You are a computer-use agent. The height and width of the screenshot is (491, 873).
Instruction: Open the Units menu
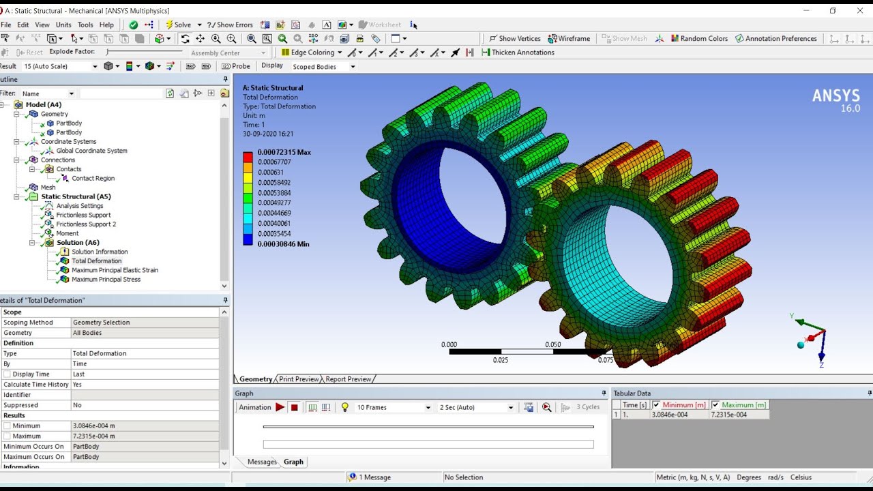point(63,25)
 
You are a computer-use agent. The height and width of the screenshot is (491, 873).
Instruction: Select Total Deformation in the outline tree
point(96,261)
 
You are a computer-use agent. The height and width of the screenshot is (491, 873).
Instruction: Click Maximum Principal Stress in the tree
point(106,279)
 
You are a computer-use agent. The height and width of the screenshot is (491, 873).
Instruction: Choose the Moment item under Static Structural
point(68,233)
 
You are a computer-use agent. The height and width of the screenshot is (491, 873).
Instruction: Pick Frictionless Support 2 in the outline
point(86,224)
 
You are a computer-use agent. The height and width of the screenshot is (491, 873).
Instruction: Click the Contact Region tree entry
point(93,178)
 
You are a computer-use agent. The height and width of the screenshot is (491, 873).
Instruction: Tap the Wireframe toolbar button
point(569,39)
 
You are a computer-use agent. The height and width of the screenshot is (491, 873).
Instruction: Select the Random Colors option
point(699,39)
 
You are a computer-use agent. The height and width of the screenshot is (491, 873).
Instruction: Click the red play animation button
point(280,407)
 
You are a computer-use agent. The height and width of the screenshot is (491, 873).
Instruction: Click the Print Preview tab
point(298,379)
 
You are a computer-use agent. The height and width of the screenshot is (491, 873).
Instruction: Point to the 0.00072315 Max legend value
point(284,152)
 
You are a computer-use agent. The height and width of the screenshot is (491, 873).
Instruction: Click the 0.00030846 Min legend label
point(283,243)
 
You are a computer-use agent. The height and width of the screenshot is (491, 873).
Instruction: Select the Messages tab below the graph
point(262,462)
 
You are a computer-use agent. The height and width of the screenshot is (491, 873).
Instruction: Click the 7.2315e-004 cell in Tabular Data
point(728,415)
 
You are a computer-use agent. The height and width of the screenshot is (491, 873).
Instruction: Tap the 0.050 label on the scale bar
point(552,344)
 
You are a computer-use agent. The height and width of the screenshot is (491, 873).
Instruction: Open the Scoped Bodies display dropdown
point(324,67)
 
